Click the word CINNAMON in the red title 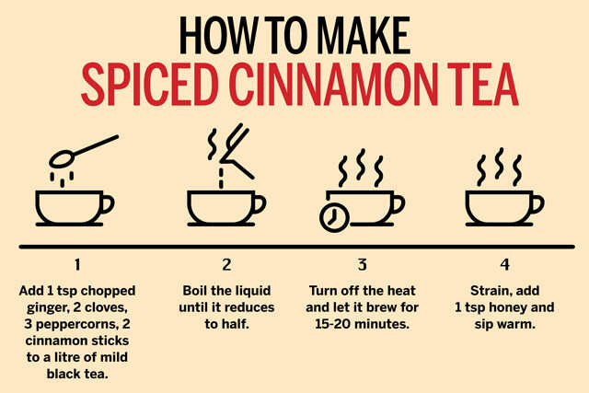click(x=333, y=84)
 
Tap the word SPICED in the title click(x=149, y=84)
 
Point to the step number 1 click(x=77, y=264)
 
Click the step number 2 click(x=226, y=264)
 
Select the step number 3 click(x=362, y=264)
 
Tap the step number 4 click(x=505, y=264)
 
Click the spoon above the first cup click(x=84, y=151)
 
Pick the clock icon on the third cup click(x=334, y=218)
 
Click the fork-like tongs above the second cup click(x=236, y=150)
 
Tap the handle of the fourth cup click(x=537, y=204)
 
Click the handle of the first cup click(x=107, y=204)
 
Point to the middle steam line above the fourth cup click(x=499, y=163)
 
